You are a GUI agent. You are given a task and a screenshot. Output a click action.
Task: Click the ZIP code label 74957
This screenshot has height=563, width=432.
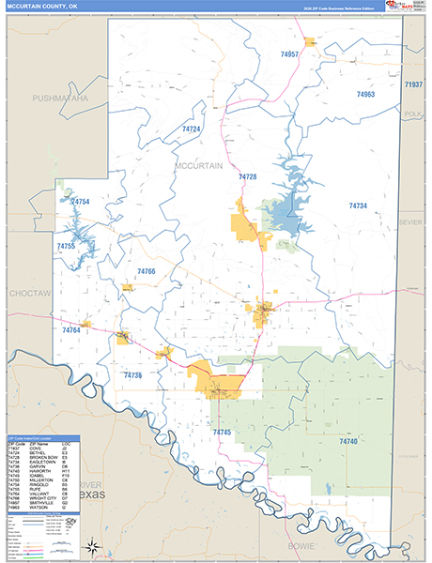pos(289,55)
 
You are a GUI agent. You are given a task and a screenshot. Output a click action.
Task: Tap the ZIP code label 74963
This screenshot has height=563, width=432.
pos(365,95)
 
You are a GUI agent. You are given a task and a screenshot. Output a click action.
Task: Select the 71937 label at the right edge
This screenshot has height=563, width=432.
pos(414,85)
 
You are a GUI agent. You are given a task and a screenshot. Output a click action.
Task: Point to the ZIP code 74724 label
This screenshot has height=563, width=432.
pos(192,129)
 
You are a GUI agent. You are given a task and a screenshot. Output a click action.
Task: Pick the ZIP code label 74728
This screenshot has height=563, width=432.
pos(248,177)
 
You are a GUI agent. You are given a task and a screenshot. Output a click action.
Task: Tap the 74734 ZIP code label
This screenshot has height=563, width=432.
pos(358,205)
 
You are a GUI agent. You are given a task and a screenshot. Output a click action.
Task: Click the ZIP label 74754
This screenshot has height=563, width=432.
pos(80,202)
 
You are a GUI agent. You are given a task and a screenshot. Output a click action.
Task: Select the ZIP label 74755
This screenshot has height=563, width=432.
pos(66,246)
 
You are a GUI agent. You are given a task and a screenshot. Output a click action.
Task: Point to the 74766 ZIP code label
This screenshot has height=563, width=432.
pos(146,271)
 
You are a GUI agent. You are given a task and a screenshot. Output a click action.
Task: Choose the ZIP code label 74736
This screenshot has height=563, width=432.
pos(132,375)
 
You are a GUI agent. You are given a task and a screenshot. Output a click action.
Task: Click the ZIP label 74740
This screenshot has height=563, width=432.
pos(349,440)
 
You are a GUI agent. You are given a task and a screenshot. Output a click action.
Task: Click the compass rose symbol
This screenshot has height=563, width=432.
pos(92,544)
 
